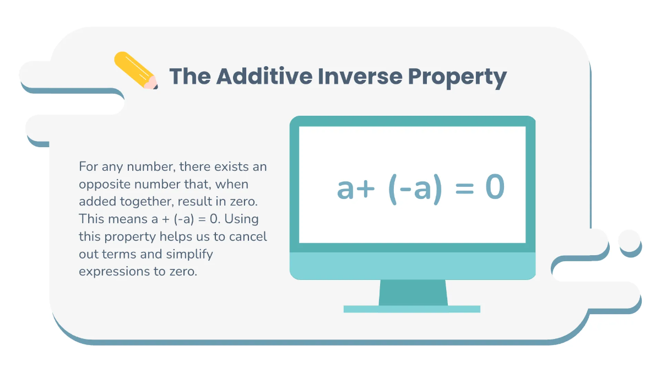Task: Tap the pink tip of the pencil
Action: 151,83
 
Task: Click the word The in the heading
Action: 189,77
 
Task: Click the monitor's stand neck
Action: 413,292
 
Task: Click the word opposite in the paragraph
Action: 102,184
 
